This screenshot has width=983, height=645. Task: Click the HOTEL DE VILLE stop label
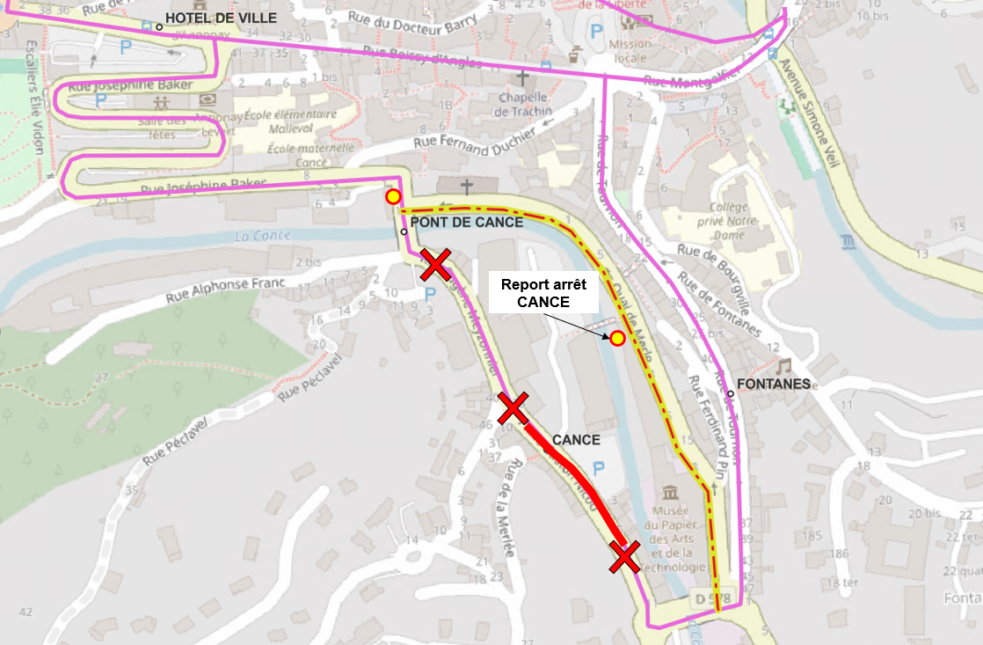221,18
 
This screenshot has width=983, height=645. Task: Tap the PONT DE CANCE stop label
467,223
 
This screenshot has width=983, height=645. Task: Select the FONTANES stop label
773,384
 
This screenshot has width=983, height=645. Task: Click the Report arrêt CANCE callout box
543,293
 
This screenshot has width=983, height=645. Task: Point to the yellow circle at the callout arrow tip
618,338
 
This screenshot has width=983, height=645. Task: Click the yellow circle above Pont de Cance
393,196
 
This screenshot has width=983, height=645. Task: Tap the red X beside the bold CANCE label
513,408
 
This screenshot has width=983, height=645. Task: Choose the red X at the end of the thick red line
625,556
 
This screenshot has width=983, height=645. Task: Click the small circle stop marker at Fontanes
731,393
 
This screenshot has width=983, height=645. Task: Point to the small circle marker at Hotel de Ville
159,26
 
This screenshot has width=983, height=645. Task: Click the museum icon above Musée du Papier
671,492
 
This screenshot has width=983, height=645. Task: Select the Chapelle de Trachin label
524,103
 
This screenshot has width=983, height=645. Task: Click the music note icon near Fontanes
783,364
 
